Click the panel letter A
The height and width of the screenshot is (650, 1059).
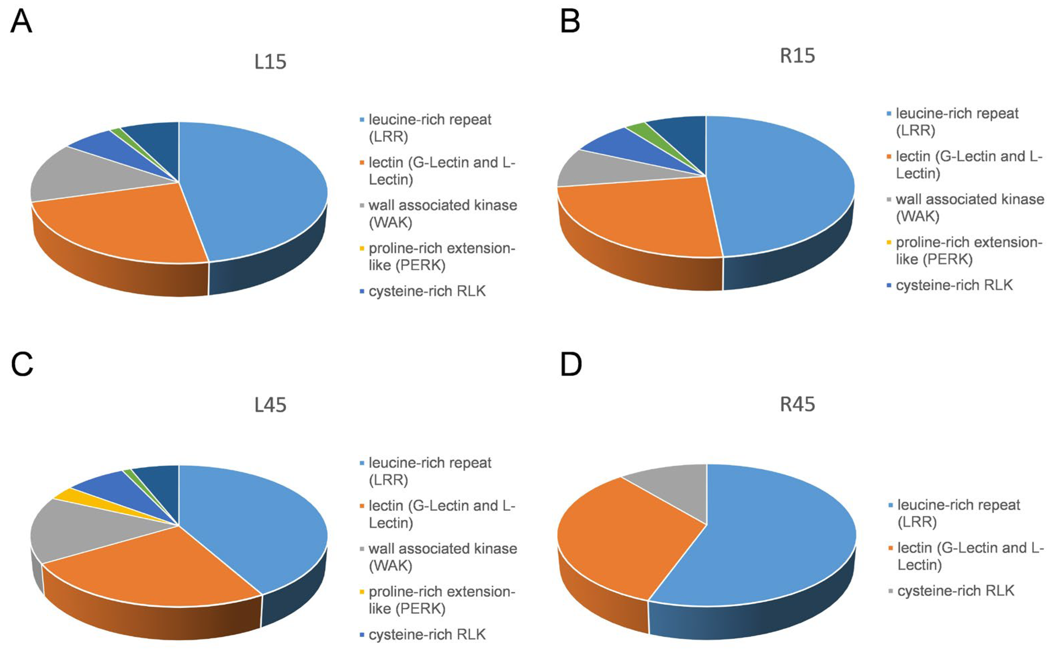pos(20,22)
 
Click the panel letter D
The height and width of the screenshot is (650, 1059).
pos(571,364)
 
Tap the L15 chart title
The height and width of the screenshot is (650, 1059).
pos(270,62)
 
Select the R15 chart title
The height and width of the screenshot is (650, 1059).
pos(797,56)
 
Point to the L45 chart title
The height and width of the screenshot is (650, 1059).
pos(270,405)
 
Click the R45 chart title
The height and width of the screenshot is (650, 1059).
pos(797,405)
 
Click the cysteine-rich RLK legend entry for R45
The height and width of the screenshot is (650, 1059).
pos(955,591)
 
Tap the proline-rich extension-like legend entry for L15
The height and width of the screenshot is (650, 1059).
pos(441,257)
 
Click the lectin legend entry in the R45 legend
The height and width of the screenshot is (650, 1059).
pos(968,556)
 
